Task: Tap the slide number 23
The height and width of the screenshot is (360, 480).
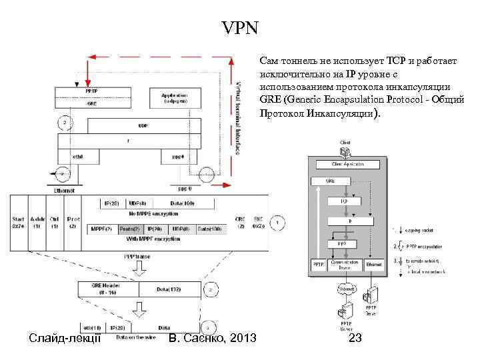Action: (356, 338)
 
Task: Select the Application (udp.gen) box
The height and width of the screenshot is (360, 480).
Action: (173, 99)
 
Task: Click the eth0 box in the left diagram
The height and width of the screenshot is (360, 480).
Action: (77, 157)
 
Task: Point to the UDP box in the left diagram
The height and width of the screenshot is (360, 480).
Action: (143, 125)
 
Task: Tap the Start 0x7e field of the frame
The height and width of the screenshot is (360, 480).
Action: (18, 222)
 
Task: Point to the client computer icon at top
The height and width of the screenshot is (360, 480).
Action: (345, 150)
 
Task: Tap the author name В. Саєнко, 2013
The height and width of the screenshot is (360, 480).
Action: (213, 339)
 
